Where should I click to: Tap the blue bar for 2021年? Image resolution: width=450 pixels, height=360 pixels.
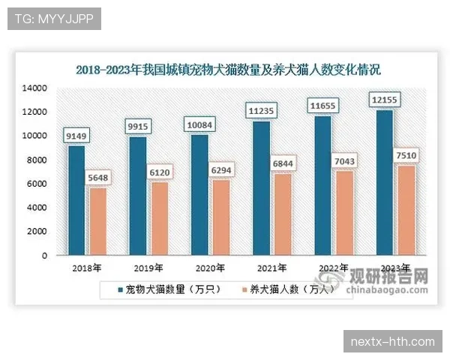click(x=261, y=187)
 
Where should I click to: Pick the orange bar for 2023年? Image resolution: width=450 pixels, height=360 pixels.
click(x=405, y=210)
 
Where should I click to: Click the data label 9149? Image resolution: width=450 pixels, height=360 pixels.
click(x=79, y=136)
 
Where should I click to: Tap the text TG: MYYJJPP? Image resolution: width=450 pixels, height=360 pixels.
click(x=54, y=19)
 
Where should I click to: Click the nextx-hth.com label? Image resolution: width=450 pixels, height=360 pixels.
click(x=392, y=342)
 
